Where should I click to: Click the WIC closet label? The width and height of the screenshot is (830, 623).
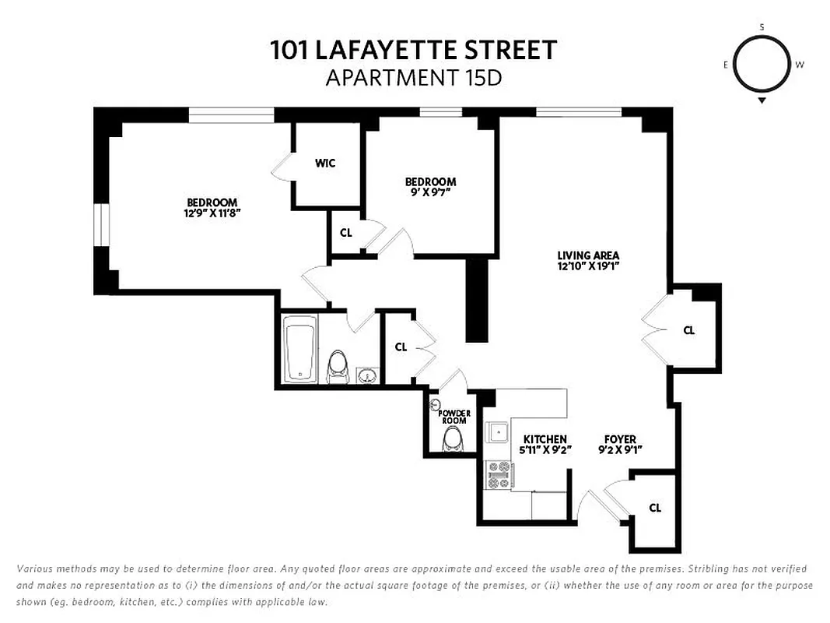[325, 164]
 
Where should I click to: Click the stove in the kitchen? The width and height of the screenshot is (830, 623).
[499, 474]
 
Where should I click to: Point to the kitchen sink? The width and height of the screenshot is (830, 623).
[496, 432]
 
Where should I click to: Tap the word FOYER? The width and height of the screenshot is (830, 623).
[620, 439]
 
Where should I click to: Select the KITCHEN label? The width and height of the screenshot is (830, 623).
[545, 439]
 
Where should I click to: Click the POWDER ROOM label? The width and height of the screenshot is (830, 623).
[454, 417]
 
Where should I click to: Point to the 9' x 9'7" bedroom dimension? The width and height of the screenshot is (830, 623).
[430, 192]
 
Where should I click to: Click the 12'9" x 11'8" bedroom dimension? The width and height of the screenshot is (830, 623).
[212, 213]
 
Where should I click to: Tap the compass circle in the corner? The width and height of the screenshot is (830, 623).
[762, 64]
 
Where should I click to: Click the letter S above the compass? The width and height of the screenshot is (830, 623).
[762, 27]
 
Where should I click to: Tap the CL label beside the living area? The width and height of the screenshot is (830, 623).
[688, 330]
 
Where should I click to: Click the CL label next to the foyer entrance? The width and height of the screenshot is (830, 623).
[655, 508]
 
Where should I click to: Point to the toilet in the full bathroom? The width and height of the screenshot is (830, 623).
[338, 367]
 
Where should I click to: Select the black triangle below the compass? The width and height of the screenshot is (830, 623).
[762, 100]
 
